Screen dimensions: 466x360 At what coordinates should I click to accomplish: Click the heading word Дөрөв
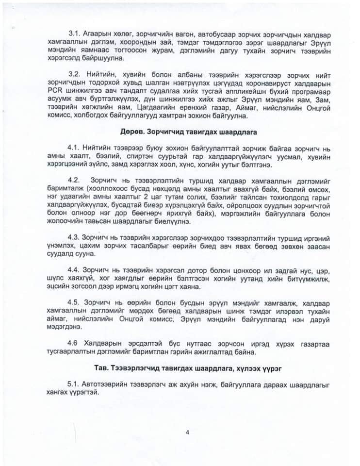pos(131,132)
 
